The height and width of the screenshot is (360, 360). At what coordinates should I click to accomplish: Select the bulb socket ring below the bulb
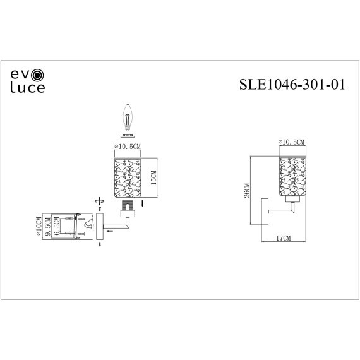pyautogui.click(x=128, y=135)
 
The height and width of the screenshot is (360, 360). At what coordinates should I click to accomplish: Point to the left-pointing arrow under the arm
pyautogui.click(x=110, y=231)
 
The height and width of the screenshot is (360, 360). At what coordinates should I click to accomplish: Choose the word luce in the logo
pyautogui.click(x=27, y=88)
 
